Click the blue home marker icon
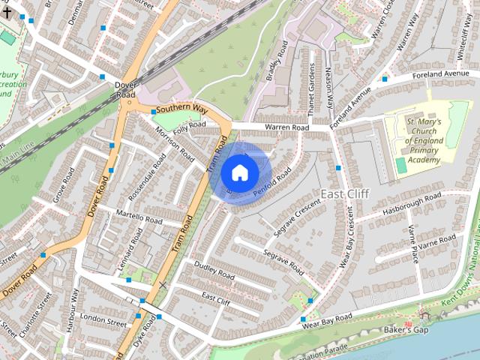[x=239, y=172]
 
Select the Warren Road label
[x=286, y=128]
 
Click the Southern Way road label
[x=181, y=109]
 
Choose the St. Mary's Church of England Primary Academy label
[x=424, y=140]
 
